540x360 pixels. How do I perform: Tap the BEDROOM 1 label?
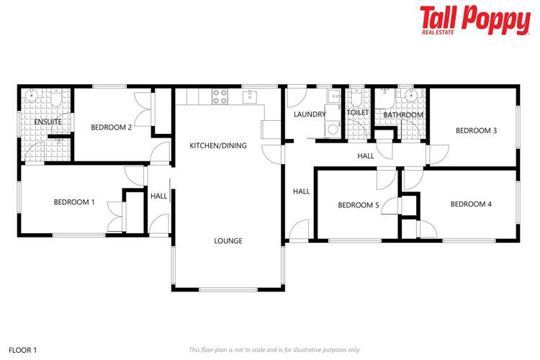click(x=74, y=202)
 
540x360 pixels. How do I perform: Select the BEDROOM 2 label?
click(x=111, y=127)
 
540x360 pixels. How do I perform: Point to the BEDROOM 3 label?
click(x=476, y=130)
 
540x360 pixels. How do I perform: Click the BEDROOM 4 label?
click(x=471, y=204)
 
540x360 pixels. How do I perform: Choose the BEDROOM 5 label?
click(x=359, y=205)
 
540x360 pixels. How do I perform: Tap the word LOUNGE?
click(x=228, y=240)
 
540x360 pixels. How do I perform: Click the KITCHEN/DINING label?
click(x=218, y=145)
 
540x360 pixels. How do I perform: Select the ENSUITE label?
click(x=48, y=122)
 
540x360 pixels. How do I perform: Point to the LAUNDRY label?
click(x=310, y=114)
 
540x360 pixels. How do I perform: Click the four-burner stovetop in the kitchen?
click(x=219, y=95)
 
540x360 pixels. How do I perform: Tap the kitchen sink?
click(x=250, y=95)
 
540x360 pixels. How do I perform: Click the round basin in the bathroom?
click(x=412, y=96)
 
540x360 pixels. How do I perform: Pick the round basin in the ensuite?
click(x=32, y=96)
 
